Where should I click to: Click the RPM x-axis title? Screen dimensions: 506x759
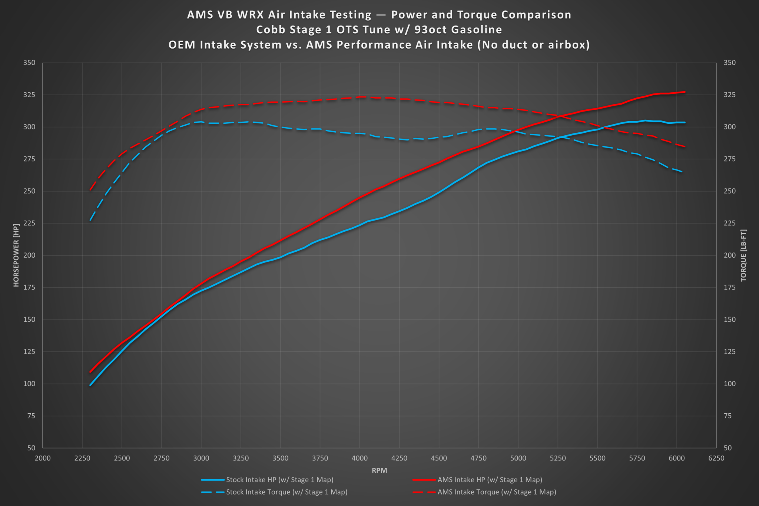[x=379, y=470]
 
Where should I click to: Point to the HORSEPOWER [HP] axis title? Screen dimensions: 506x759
[x=16, y=255]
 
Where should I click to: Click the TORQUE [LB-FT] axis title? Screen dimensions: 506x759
[x=743, y=255]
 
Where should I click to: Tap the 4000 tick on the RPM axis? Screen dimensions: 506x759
[x=359, y=458]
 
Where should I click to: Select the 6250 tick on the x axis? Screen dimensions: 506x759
[x=716, y=458]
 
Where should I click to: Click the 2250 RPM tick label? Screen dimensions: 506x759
[x=82, y=458]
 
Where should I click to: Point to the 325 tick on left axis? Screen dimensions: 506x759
[x=29, y=95]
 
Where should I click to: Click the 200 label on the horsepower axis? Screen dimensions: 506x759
[x=29, y=255]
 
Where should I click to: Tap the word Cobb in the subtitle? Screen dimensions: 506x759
[x=269, y=30]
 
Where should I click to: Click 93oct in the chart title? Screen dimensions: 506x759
[x=430, y=30]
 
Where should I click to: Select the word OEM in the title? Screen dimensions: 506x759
[x=182, y=45]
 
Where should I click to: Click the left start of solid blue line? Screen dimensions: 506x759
[x=90, y=385]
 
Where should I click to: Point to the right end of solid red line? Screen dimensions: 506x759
[x=685, y=92]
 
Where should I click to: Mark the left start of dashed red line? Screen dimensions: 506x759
[x=90, y=190]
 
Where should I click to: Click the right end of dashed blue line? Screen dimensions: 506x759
[x=683, y=172]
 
